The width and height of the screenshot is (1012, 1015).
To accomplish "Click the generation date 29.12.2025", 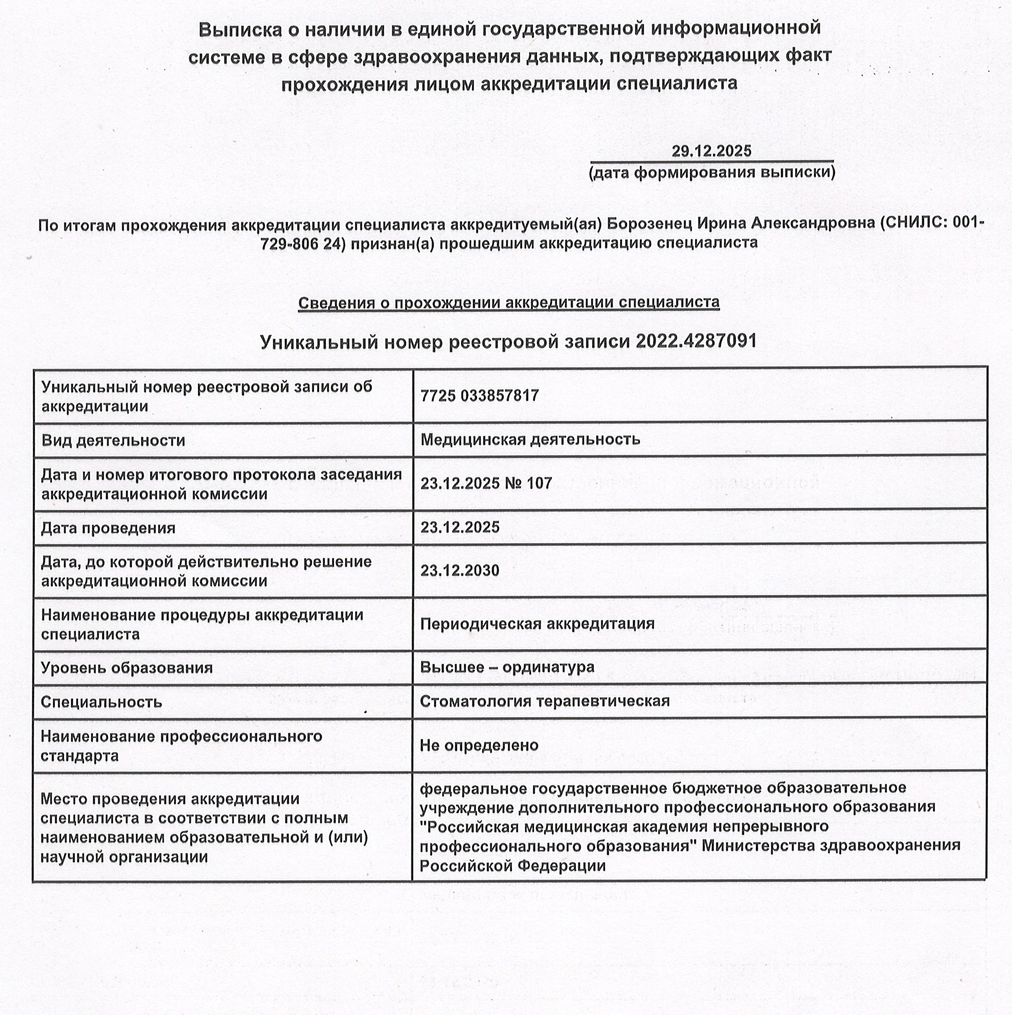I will [711, 151].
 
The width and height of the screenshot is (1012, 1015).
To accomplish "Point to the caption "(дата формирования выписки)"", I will [711, 172].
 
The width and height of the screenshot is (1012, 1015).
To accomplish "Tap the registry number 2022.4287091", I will [696, 342].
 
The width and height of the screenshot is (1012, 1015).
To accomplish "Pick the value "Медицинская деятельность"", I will [530, 439].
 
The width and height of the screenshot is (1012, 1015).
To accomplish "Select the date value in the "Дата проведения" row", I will [460, 527].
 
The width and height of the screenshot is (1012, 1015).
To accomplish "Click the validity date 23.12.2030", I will [460, 571].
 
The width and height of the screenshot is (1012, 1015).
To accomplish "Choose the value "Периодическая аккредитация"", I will [537, 624].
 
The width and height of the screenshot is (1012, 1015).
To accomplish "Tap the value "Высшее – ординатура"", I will [507, 667].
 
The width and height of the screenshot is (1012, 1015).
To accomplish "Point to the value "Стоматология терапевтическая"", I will [545, 701].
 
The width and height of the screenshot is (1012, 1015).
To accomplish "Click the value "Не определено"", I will [479, 745].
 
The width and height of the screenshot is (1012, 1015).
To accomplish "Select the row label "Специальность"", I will [101, 702].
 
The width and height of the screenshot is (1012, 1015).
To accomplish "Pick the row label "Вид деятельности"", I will [113, 440].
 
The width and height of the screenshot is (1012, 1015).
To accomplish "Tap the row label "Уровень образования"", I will [127, 668].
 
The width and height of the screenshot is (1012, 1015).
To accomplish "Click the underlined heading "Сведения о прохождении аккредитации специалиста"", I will [509, 303].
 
